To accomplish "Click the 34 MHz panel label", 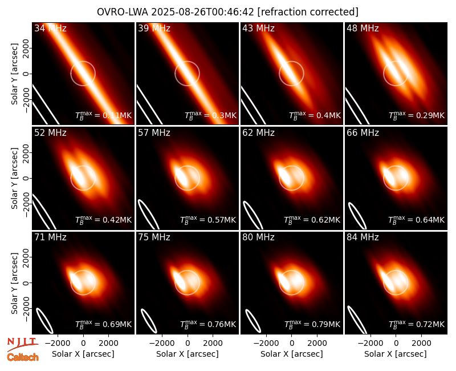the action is point(50,28).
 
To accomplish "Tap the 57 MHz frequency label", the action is point(154,133).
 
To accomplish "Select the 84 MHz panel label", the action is point(363,237).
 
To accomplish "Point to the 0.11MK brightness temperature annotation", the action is point(117,115).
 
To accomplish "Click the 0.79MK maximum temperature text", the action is point(325,324).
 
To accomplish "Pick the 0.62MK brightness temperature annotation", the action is point(325,220).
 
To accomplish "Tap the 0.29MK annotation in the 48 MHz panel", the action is point(430,115).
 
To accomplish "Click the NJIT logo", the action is point(23,344).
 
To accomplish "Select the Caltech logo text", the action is point(23,357).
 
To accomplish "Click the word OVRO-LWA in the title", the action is point(123,12).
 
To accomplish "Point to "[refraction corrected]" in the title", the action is point(308,12).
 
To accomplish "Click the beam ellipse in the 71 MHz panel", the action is point(44,320).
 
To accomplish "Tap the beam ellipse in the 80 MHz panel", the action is point(253,321).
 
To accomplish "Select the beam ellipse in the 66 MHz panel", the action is point(357,216).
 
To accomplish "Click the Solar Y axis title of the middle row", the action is point(14,178).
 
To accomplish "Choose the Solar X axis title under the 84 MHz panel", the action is point(396,354).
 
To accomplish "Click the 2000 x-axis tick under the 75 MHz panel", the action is point(213,343).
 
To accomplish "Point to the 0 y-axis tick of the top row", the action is point(26,74).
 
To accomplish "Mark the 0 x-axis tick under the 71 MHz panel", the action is point(83,343).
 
